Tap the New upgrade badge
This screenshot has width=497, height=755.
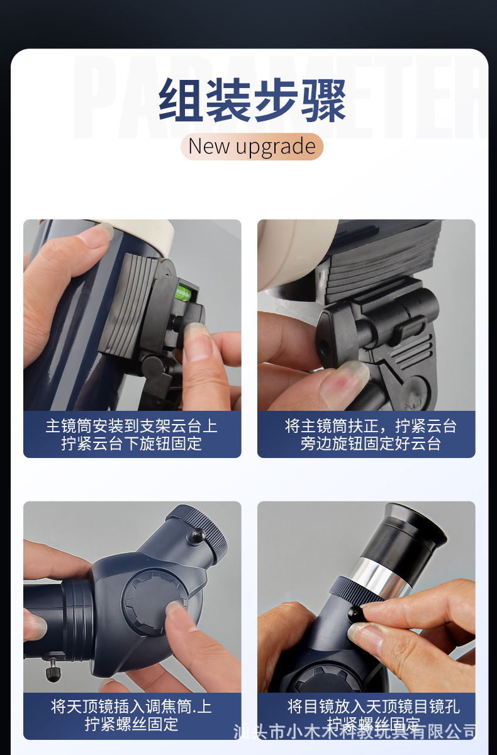(252, 147)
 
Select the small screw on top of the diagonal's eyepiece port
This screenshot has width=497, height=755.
(197, 537)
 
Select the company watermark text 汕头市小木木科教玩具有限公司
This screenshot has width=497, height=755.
(355, 732)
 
